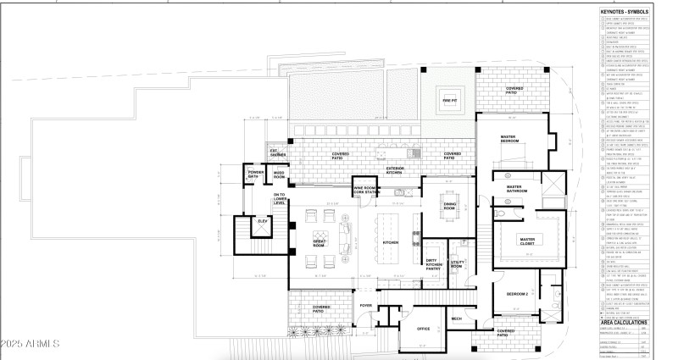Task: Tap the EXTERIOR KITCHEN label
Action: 396,169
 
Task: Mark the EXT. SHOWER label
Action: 278,154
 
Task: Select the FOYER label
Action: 366,305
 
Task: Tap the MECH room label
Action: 457,318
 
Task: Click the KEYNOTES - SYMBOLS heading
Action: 624,12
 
